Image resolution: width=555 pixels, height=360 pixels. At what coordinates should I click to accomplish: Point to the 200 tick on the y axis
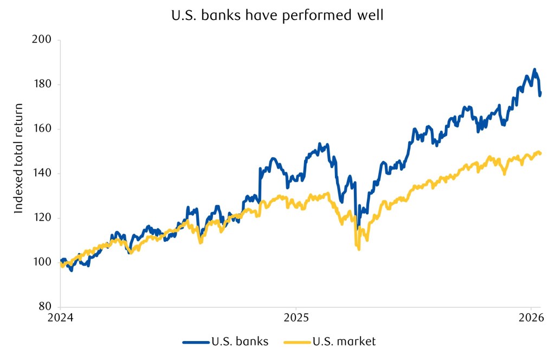(42, 40)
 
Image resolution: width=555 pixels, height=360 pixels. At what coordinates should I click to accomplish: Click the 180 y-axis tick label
(42, 85)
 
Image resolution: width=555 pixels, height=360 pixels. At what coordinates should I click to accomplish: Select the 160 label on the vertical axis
(42, 129)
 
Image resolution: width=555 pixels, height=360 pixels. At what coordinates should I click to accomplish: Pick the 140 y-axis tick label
(42, 173)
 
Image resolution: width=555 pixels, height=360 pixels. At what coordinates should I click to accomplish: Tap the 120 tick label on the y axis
(42, 218)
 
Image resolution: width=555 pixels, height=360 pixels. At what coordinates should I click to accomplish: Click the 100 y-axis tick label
(42, 262)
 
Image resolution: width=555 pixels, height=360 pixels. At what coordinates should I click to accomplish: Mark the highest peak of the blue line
(534, 69)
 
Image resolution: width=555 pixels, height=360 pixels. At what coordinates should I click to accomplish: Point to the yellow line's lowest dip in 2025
(359, 249)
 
